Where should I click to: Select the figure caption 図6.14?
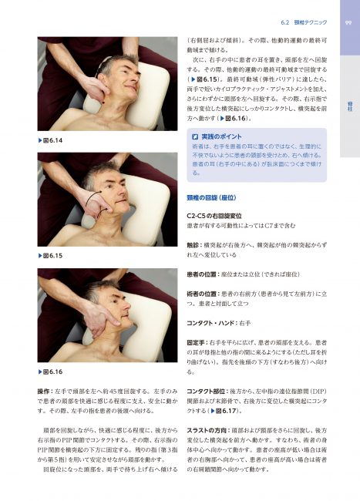[52, 140]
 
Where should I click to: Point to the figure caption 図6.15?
[52, 254]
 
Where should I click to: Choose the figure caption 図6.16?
[52, 372]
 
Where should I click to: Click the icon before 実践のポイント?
[195, 136]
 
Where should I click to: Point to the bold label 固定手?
[198, 341]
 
